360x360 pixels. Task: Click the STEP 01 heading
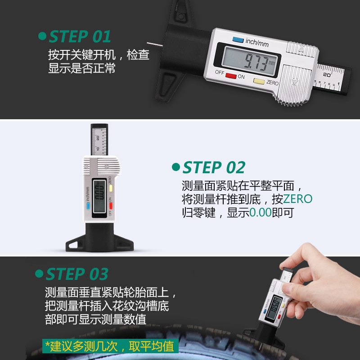pos(79,36)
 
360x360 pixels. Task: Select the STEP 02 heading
pos(214,167)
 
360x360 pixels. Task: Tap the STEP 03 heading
pos(77,274)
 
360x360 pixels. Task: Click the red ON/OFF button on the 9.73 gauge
pos(231,76)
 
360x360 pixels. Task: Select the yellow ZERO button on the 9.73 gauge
pos(259,82)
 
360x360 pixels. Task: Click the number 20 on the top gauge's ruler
pos(327,74)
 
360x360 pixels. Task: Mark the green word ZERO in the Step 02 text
pos(297,199)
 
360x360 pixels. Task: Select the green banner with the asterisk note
pos(111,346)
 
